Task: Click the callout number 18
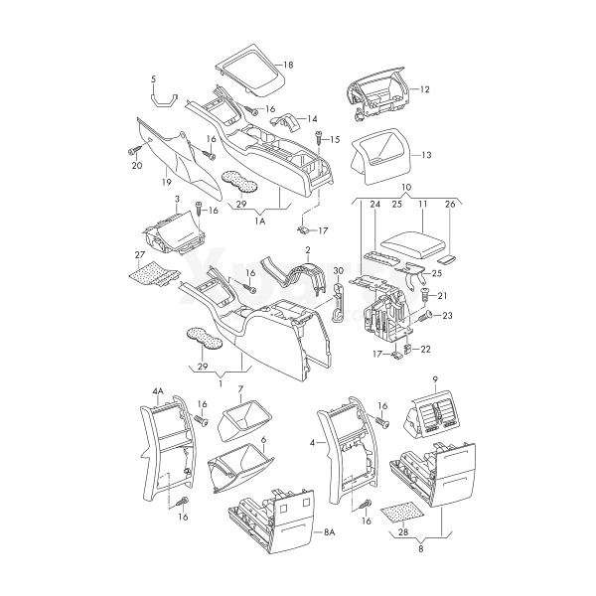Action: click(x=288, y=65)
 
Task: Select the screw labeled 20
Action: click(x=133, y=151)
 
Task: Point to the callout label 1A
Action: click(x=260, y=222)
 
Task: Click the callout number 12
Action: click(x=424, y=89)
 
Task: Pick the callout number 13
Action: click(x=426, y=155)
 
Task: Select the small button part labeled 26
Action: click(x=447, y=259)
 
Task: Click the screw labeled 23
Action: click(x=425, y=316)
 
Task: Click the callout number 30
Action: click(x=338, y=271)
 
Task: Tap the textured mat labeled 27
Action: click(x=154, y=273)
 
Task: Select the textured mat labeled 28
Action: click(x=402, y=512)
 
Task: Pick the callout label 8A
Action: click(x=330, y=532)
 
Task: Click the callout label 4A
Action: click(x=158, y=391)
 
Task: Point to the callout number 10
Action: click(x=406, y=188)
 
